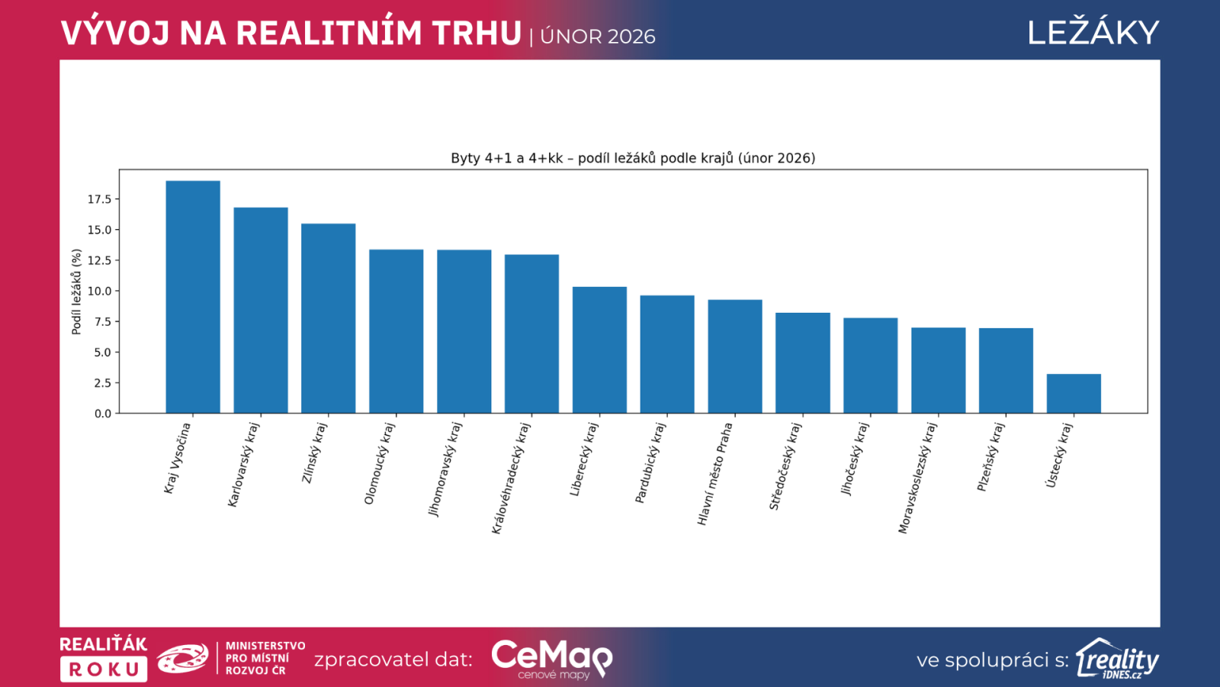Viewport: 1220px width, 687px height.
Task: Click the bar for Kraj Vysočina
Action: (193, 297)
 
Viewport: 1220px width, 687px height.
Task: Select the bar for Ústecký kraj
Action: (1074, 394)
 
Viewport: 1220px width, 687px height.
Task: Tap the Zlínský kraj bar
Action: (328, 318)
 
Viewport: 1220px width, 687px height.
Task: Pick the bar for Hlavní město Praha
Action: (735, 356)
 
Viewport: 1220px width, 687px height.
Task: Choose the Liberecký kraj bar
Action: (599, 350)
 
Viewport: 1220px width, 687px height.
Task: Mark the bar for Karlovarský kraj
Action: (261, 311)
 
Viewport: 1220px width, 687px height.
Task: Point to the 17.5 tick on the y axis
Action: (99, 199)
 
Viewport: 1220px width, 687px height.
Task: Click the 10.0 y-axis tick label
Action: (99, 291)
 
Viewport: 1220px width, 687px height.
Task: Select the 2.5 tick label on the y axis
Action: (102, 383)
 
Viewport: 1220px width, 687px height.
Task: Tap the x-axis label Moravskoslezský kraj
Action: (917, 479)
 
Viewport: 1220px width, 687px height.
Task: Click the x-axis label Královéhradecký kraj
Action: (510, 479)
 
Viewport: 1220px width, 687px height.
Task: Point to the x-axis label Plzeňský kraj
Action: (990, 457)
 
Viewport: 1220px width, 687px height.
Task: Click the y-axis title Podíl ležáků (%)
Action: (76, 292)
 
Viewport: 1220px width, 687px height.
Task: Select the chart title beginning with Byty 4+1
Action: (633, 158)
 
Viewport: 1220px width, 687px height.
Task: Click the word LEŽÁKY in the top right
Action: (1093, 33)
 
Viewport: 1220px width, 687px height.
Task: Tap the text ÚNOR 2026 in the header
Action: (598, 37)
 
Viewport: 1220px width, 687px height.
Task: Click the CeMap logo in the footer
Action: (551, 658)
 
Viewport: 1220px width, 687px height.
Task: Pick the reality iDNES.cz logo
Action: (1117, 659)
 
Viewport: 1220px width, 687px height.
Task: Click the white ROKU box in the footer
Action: (104, 669)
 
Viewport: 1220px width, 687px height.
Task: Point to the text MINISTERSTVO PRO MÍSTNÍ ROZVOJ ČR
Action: (265, 658)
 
